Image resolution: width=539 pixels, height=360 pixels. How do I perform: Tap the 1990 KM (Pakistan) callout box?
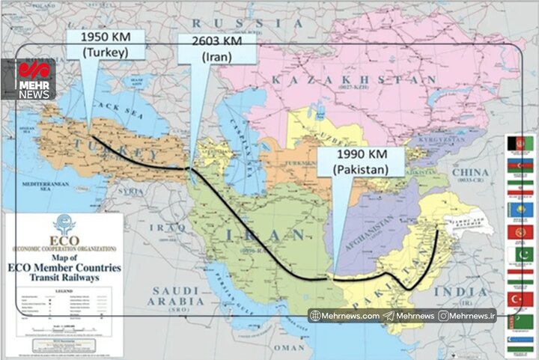(362, 162)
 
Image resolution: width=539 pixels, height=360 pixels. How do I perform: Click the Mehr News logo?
(34, 80)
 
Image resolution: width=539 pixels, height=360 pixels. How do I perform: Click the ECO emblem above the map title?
(64, 224)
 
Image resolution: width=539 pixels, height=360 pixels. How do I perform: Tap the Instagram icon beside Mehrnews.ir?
(445, 316)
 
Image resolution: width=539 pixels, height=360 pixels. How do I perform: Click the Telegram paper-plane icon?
(388, 316)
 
